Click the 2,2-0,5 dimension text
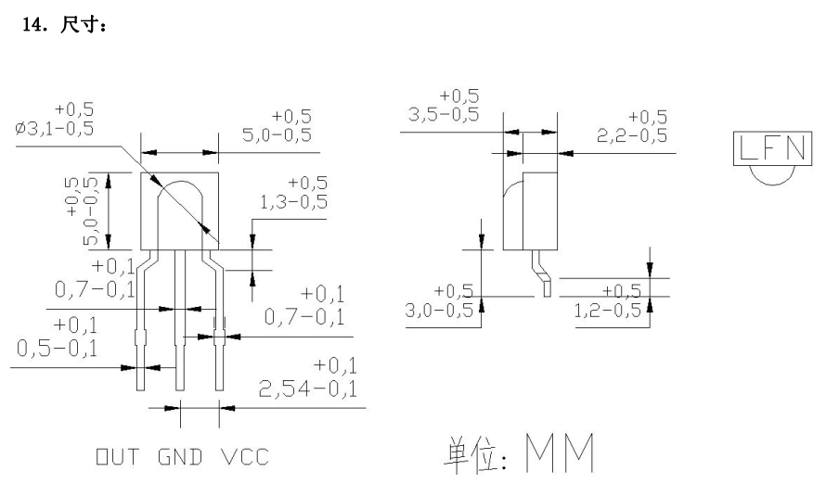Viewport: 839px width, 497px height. click(635, 135)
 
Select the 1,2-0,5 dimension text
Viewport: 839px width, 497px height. click(608, 310)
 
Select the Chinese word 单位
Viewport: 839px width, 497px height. click(462, 452)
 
